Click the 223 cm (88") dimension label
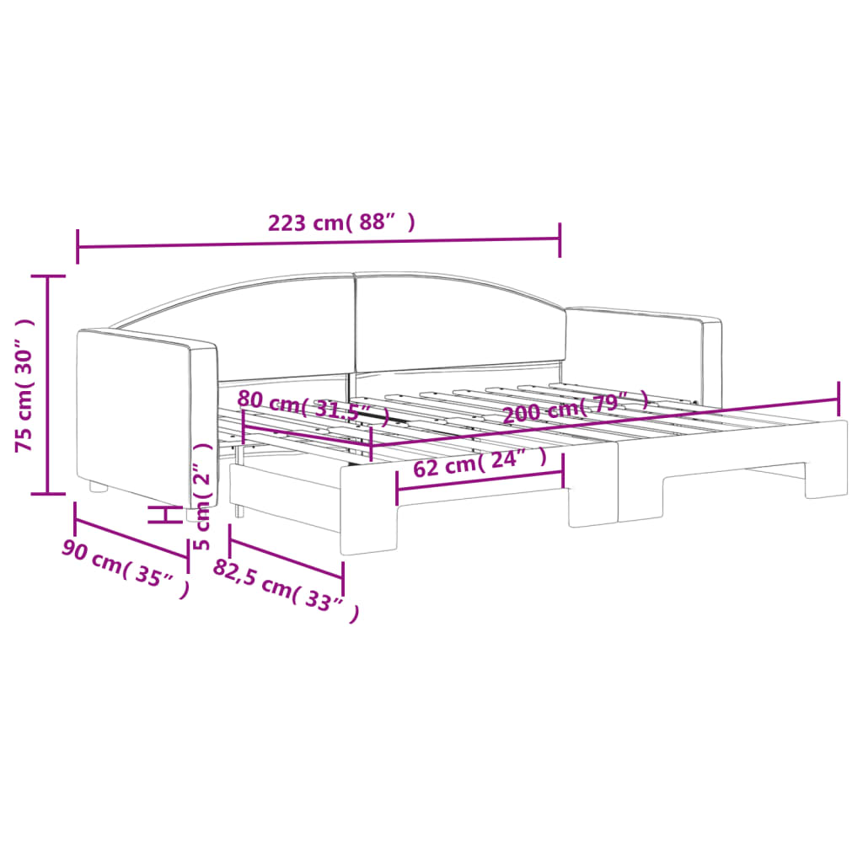(x=340, y=223)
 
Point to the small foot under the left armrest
(x=99, y=487)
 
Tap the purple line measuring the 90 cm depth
(x=131, y=530)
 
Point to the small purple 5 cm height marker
(x=166, y=515)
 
